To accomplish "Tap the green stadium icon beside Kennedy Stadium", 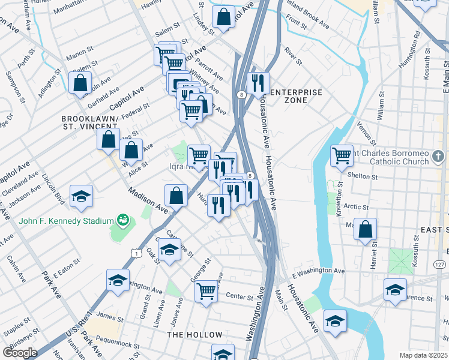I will tap(123, 220).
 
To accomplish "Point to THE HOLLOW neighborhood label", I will tap(191, 334).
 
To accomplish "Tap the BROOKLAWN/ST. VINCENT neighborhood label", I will tap(89, 122).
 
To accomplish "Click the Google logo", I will tap(20, 353).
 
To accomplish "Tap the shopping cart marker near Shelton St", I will tap(342, 155).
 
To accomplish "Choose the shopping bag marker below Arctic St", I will tap(365, 229).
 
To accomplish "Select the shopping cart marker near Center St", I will tap(206, 292).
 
